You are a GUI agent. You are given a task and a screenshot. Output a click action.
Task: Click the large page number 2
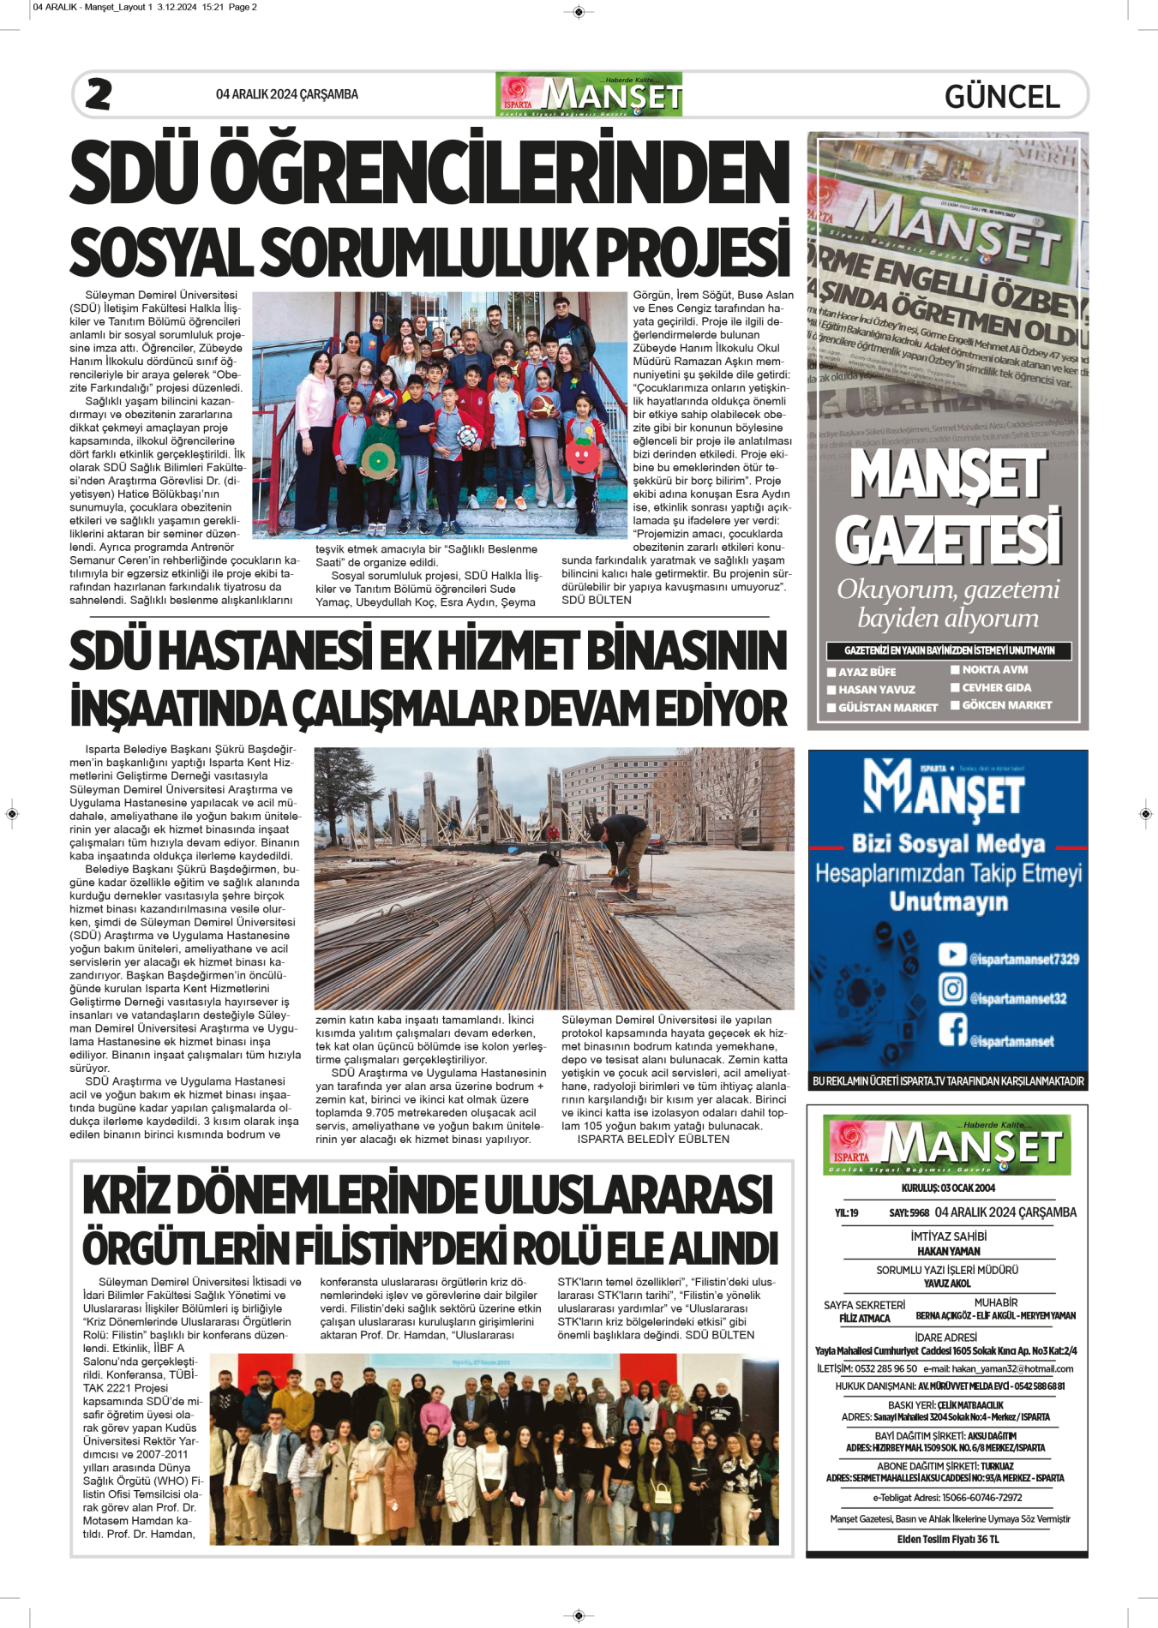click(x=99, y=94)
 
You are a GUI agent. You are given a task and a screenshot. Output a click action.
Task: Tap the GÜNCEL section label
click(x=1002, y=96)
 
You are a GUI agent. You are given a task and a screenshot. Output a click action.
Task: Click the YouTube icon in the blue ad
click(x=951, y=954)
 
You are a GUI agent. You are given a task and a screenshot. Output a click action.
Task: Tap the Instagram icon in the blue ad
click(x=951, y=989)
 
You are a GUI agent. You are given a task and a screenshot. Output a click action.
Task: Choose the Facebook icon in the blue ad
click(x=951, y=1029)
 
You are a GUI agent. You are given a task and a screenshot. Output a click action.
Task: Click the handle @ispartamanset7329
click(x=1024, y=959)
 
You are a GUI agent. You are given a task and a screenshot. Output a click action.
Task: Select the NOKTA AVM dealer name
click(x=994, y=669)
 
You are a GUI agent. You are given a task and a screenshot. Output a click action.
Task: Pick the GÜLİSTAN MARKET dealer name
click(x=887, y=708)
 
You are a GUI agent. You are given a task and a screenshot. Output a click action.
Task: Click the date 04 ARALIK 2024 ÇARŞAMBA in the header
click(x=287, y=94)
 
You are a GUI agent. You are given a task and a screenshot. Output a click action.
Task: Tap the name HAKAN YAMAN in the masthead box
click(x=948, y=1251)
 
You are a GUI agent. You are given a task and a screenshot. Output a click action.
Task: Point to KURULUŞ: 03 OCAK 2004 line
click(x=948, y=1188)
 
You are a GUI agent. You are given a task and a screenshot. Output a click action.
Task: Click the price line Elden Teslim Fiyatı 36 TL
click(x=948, y=1539)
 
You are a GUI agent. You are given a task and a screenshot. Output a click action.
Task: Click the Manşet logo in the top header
click(x=589, y=94)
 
